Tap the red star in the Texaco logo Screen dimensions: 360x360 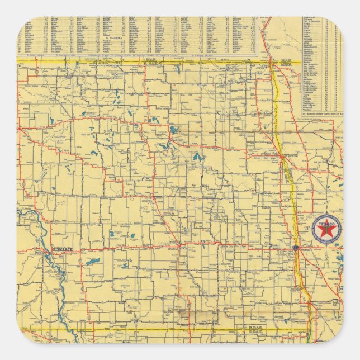point(326,230)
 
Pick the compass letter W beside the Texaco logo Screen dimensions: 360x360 point(313,230)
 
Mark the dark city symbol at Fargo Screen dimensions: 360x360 point(295,248)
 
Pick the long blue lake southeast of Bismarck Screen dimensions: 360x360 point(92,261)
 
